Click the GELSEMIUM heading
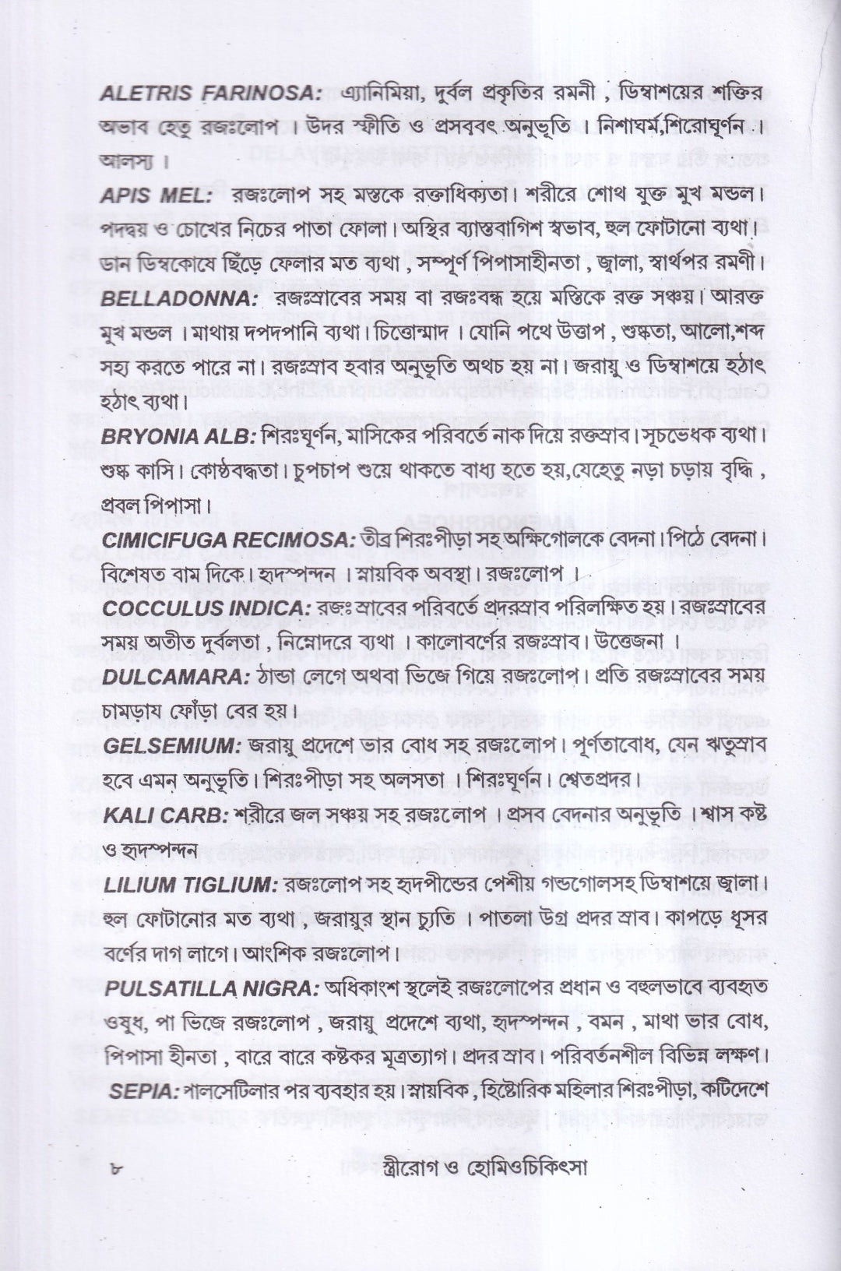pos(172,745)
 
